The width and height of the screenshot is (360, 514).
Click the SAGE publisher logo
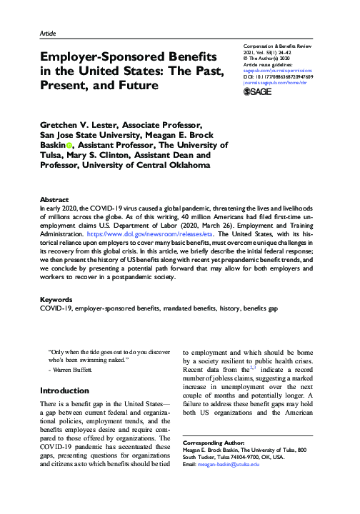[x=257, y=92]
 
